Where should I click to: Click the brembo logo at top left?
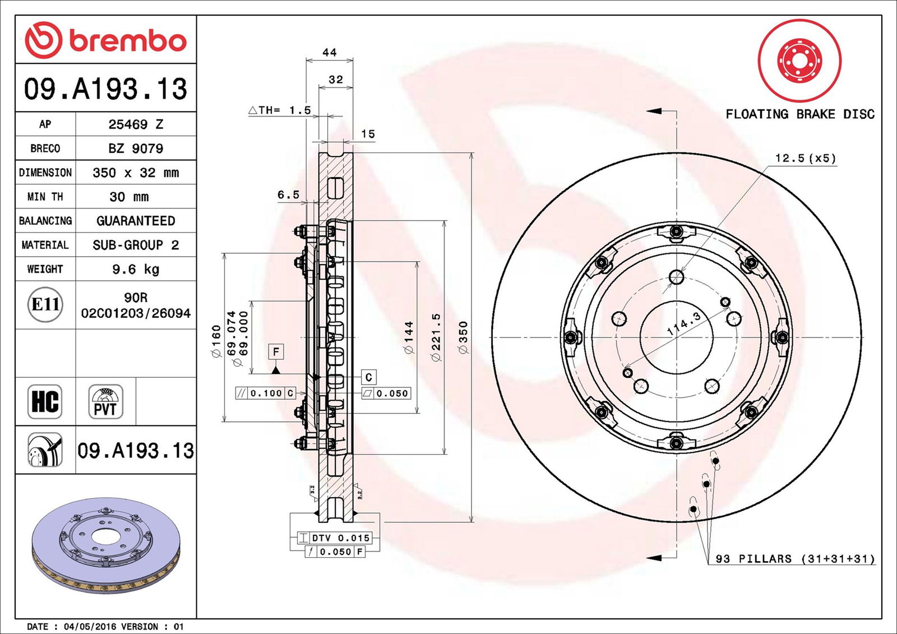(x=105, y=40)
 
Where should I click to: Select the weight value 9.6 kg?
(x=136, y=269)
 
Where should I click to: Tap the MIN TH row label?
(x=45, y=197)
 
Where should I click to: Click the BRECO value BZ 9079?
(x=136, y=149)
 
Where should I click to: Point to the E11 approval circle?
(x=45, y=304)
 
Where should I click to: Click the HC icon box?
(x=45, y=401)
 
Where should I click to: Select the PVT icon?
(x=105, y=401)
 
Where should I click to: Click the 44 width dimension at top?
(x=330, y=53)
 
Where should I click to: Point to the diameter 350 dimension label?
(x=463, y=337)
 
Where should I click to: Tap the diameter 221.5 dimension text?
(x=436, y=337)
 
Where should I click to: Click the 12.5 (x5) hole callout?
(x=805, y=159)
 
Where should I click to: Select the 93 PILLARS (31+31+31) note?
(x=795, y=559)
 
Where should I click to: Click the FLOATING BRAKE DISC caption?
(x=800, y=114)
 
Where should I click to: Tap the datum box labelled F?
(x=276, y=351)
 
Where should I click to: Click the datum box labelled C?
(x=368, y=377)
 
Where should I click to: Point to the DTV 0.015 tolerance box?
(x=341, y=538)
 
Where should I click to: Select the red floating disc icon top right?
(x=799, y=61)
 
